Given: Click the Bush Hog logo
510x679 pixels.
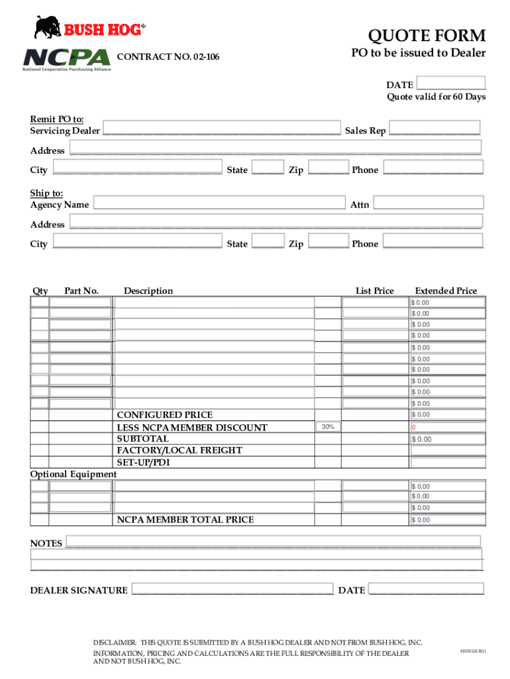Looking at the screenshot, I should (x=89, y=28).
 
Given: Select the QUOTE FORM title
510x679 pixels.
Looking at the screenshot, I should (x=427, y=35).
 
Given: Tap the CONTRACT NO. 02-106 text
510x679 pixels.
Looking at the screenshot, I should (x=168, y=58).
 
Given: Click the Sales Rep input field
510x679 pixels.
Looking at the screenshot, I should (x=434, y=129).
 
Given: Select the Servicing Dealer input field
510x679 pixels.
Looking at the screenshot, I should (x=221, y=129).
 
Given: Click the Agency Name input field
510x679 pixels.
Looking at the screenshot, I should (x=219, y=202).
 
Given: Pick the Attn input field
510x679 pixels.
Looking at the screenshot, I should (x=428, y=202).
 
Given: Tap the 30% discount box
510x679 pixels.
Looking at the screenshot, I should (x=327, y=427).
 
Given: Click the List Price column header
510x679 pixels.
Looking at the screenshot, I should (x=374, y=290).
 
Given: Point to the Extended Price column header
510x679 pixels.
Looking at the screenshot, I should (x=446, y=290).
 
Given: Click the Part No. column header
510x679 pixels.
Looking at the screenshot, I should (x=81, y=290).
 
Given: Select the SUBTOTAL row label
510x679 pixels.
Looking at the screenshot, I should (x=142, y=439).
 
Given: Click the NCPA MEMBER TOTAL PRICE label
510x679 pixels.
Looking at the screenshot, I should (x=185, y=520).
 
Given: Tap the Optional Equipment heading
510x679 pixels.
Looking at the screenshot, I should (x=74, y=474).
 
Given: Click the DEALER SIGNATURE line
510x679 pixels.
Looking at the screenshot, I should (x=232, y=589).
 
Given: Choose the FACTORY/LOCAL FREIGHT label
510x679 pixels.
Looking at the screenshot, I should (x=179, y=450).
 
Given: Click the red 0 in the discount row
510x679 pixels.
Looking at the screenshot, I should (x=413, y=428).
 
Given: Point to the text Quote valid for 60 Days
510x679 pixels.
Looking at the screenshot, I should (x=436, y=97).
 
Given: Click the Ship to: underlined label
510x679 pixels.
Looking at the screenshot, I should (x=46, y=193).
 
